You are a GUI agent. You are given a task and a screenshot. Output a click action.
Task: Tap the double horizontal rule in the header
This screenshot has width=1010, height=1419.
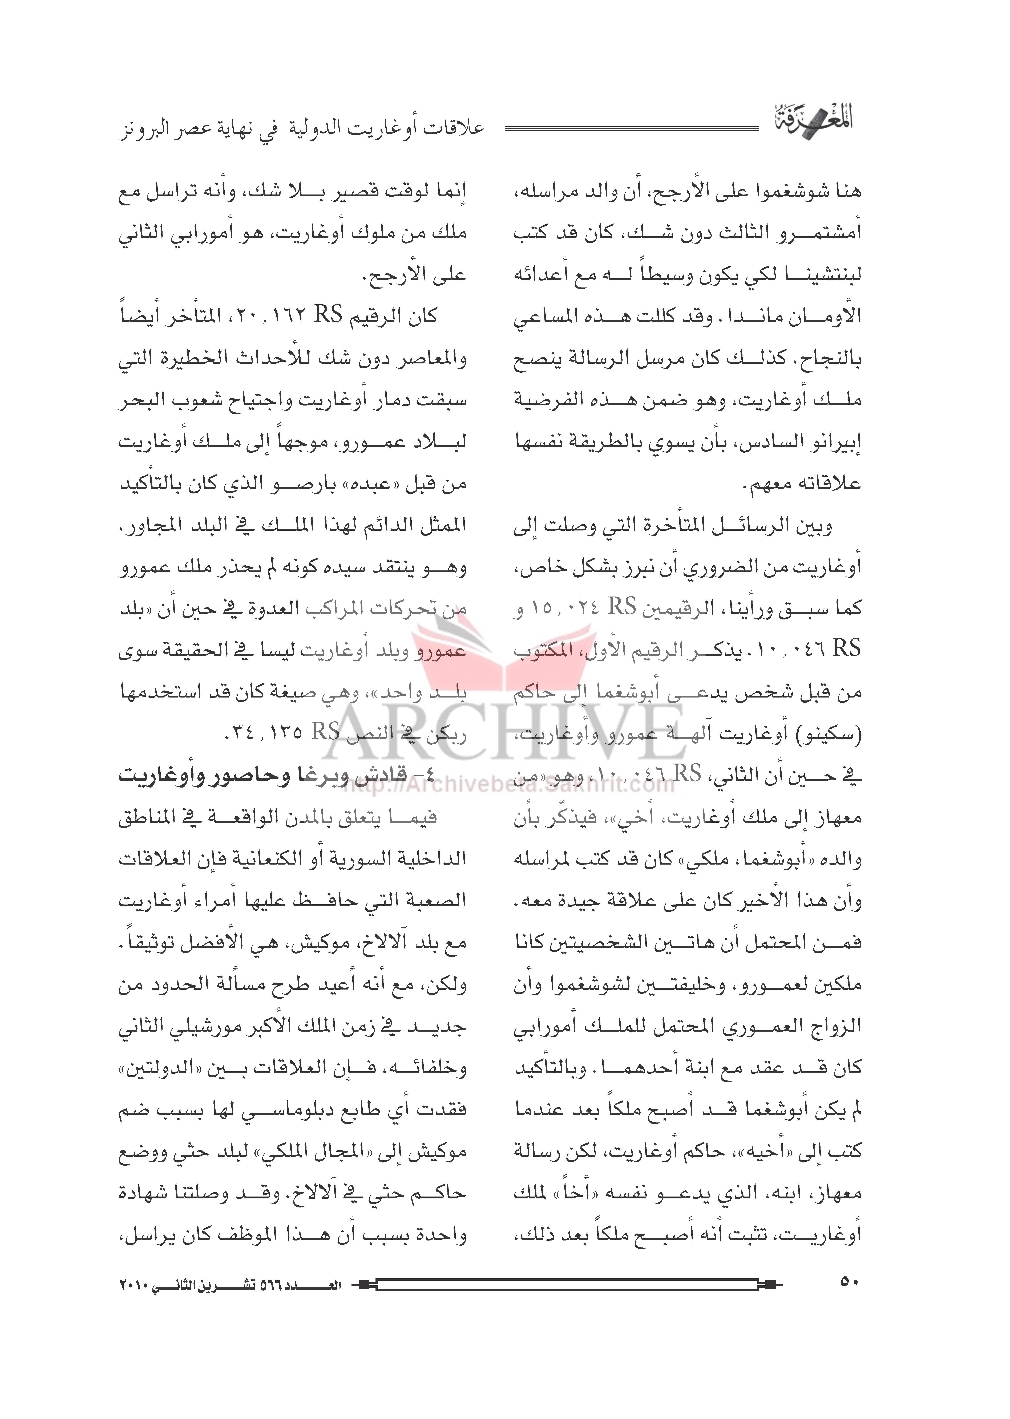[631, 129]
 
